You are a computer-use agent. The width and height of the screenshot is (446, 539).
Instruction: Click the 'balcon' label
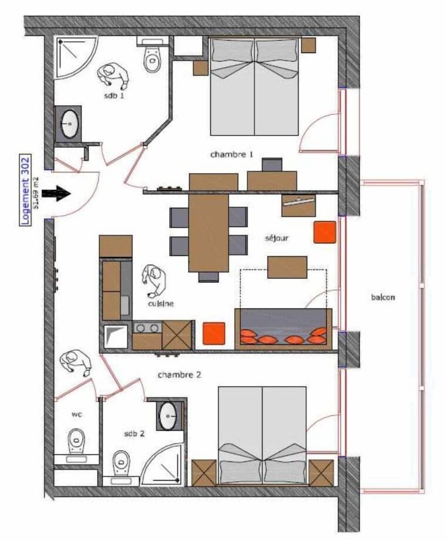coord(383,297)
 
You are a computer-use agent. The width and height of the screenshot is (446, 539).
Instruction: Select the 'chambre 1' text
coord(231,154)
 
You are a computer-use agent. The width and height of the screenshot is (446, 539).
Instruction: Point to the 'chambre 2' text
coord(179,374)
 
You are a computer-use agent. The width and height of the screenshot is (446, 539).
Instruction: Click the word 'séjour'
coord(276,238)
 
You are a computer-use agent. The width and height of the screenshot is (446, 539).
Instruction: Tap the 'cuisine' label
coord(161,304)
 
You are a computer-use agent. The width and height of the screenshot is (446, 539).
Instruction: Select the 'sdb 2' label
coord(134,433)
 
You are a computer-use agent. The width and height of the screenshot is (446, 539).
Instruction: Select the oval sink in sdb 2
coord(168,414)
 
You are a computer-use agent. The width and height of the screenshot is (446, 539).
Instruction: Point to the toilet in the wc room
coord(76,443)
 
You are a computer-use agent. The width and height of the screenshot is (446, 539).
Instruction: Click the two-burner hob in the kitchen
coord(147,328)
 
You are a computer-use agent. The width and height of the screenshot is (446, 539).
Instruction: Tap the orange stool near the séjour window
coord(325,232)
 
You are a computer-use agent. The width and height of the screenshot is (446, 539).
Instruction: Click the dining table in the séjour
coord(209,233)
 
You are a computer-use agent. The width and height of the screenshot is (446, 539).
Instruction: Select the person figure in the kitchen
coord(153,281)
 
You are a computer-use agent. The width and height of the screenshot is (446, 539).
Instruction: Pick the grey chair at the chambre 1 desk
coord(272,165)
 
